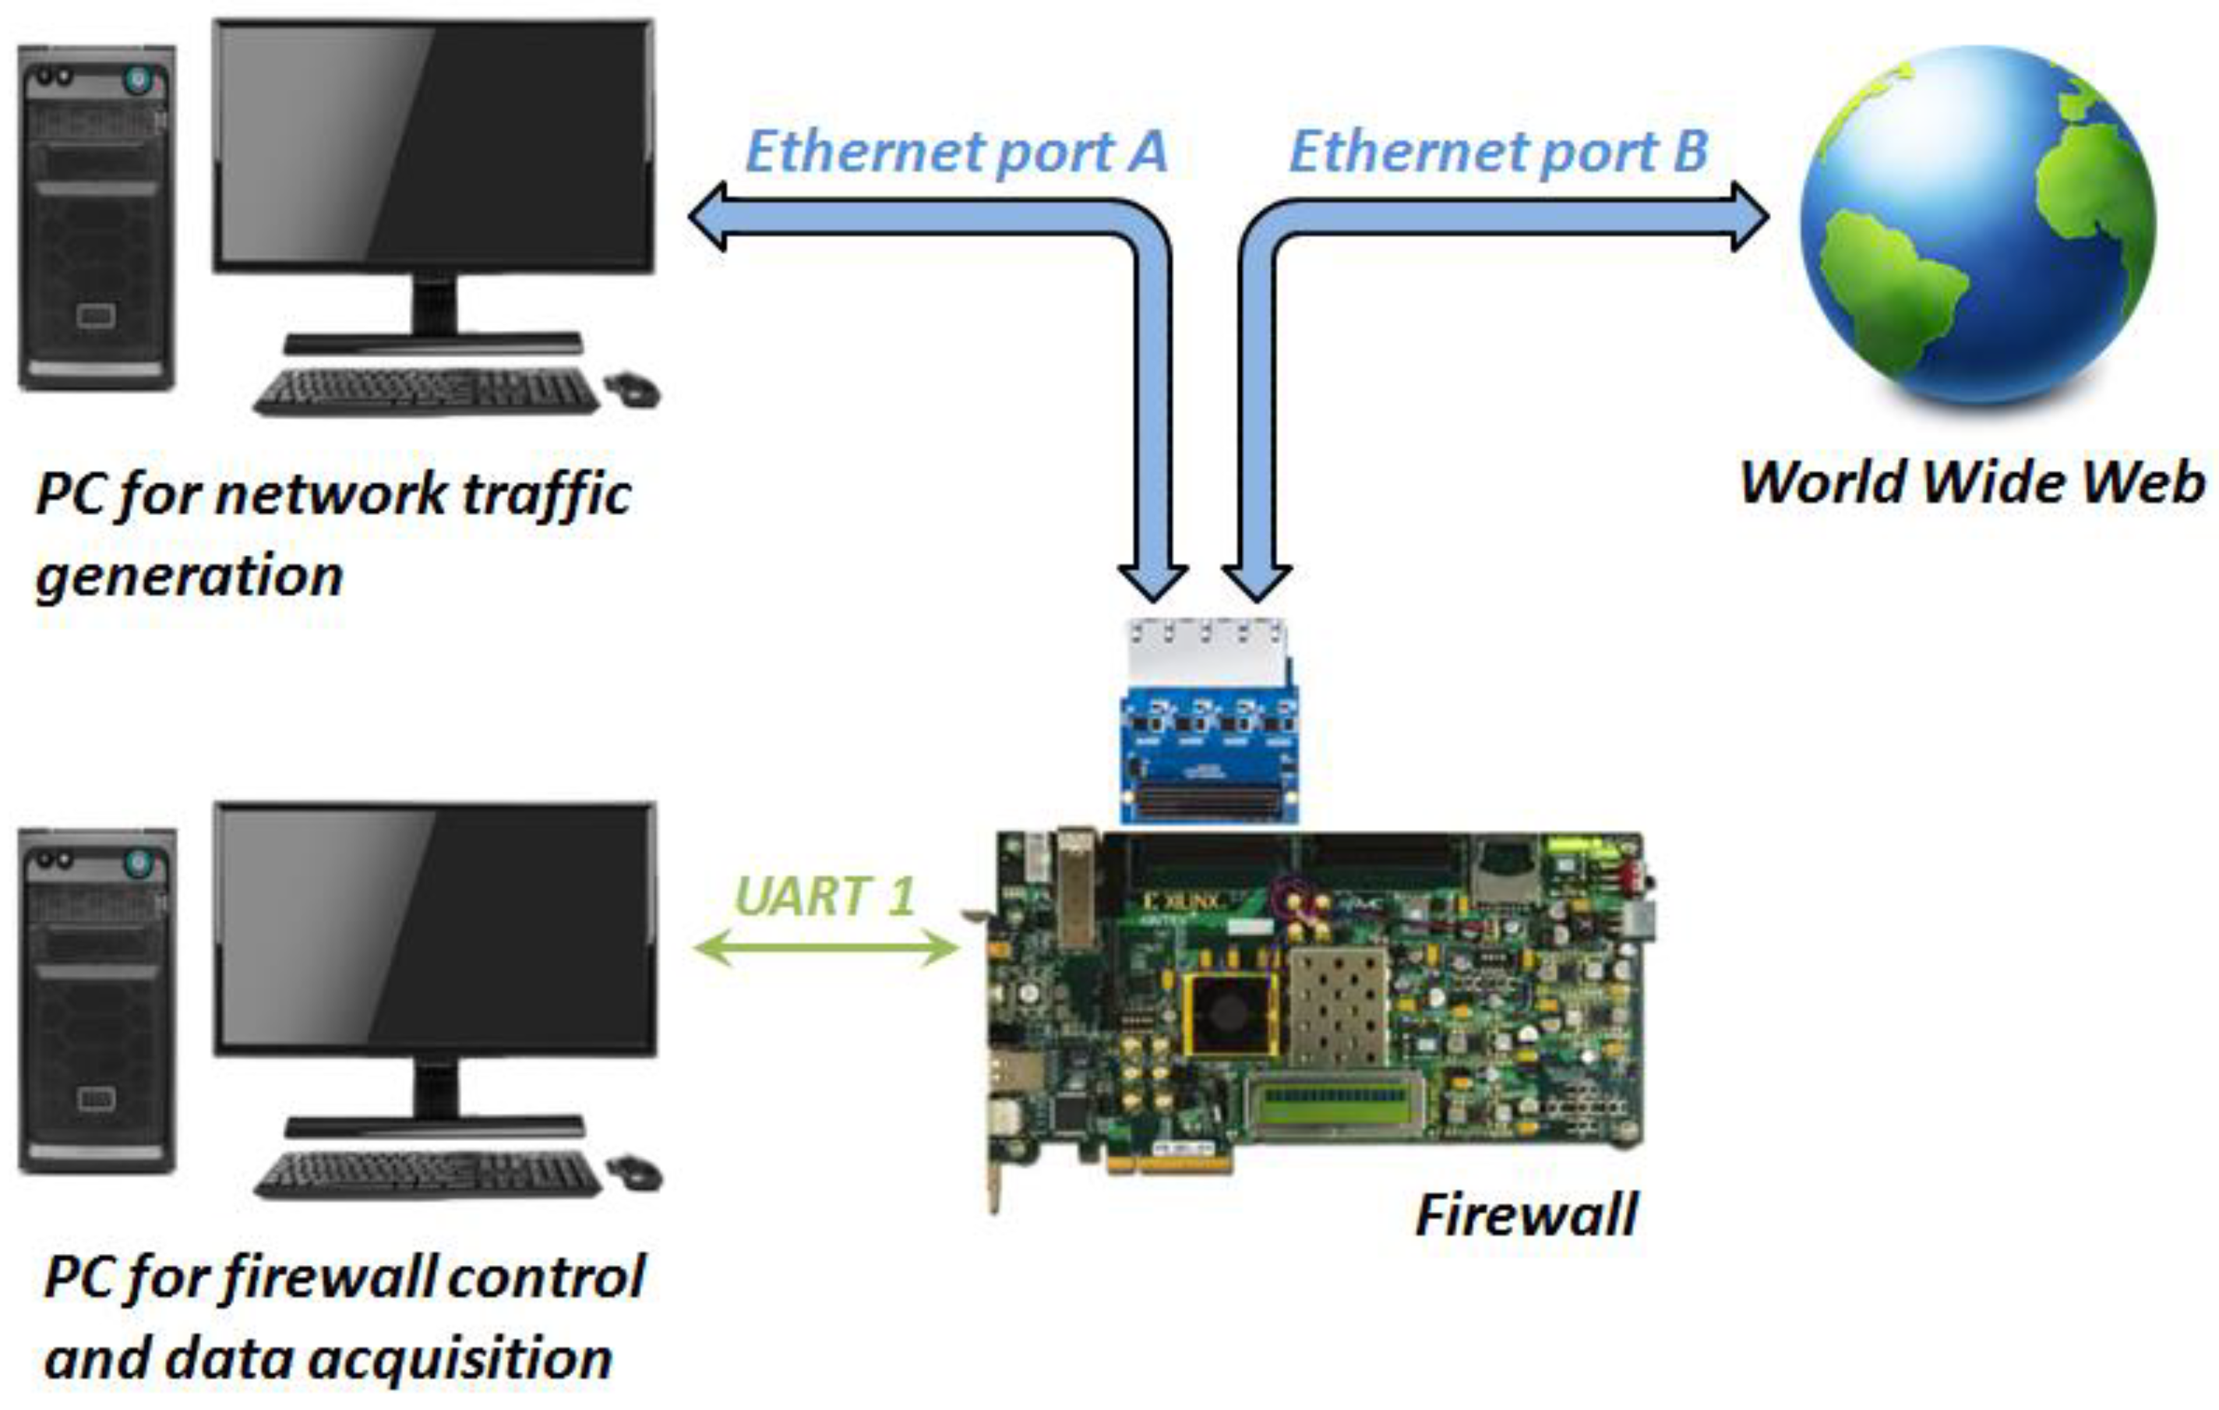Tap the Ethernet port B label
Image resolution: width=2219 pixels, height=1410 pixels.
click(x=1498, y=151)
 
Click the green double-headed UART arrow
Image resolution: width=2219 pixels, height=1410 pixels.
click(x=825, y=947)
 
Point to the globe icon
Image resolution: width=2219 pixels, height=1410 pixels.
click(x=1977, y=226)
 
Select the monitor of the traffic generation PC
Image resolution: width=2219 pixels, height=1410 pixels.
click(x=433, y=147)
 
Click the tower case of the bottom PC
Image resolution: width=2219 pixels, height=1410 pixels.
click(x=97, y=1001)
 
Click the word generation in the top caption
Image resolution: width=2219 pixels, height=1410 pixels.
click(x=189, y=576)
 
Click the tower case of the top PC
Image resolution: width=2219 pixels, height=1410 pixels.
click(x=97, y=217)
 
